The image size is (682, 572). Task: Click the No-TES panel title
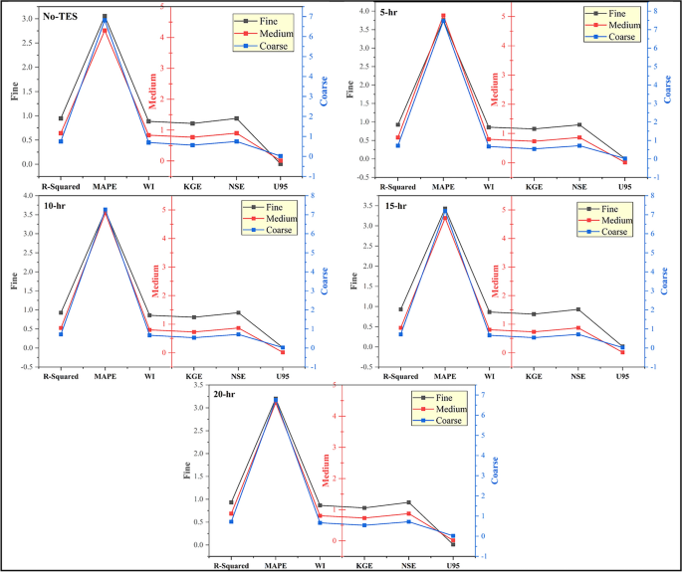tap(35, 17)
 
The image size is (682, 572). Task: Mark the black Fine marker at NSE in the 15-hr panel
tap(578, 309)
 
